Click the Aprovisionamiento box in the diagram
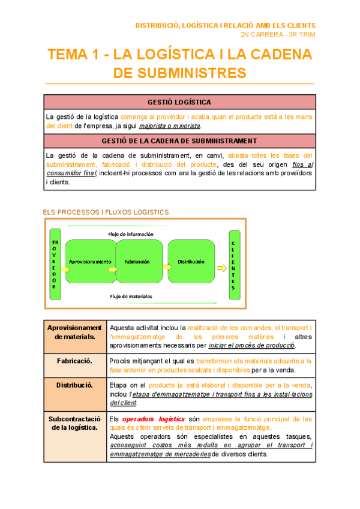[x=90, y=262]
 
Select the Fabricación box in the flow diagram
[x=137, y=262]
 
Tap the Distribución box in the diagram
[x=191, y=262]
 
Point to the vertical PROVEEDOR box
[x=54, y=262]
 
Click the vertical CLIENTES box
[x=233, y=264]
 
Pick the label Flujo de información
[x=130, y=233]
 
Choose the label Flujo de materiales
[x=131, y=296]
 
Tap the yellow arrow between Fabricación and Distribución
[x=163, y=270]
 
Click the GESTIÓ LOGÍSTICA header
[x=179, y=102]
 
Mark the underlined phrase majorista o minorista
[x=170, y=126]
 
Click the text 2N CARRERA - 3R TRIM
[x=281, y=34]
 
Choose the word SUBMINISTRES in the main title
[x=180, y=73]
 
